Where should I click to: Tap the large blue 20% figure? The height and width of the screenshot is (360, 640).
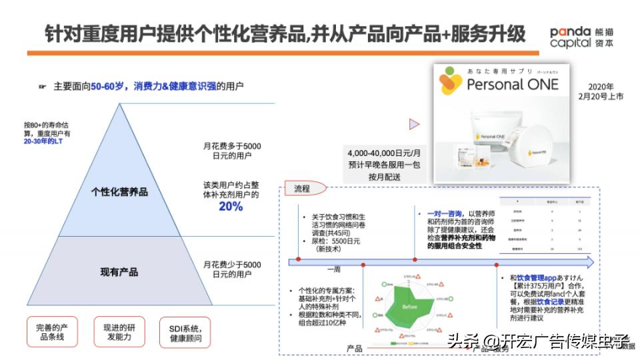(x=231, y=207)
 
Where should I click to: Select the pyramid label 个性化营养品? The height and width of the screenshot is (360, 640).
(x=119, y=192)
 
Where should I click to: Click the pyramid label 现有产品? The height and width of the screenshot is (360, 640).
(x=119, y=272)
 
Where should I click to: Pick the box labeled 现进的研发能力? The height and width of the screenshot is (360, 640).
(x=119, y=332)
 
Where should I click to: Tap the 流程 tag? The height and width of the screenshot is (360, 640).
(x=302, y=189)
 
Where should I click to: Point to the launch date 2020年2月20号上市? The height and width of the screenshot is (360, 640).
(x=606, y=91)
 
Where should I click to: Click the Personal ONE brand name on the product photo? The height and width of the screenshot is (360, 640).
(x=513, y=84)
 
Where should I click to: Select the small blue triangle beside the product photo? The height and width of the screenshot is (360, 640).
(x=414, y=123)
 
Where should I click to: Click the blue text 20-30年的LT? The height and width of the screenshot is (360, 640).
(x=43, y=141)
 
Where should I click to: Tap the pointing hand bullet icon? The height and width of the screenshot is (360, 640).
(x=43, y=86)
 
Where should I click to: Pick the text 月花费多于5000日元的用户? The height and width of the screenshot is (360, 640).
(x=232, y=151)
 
